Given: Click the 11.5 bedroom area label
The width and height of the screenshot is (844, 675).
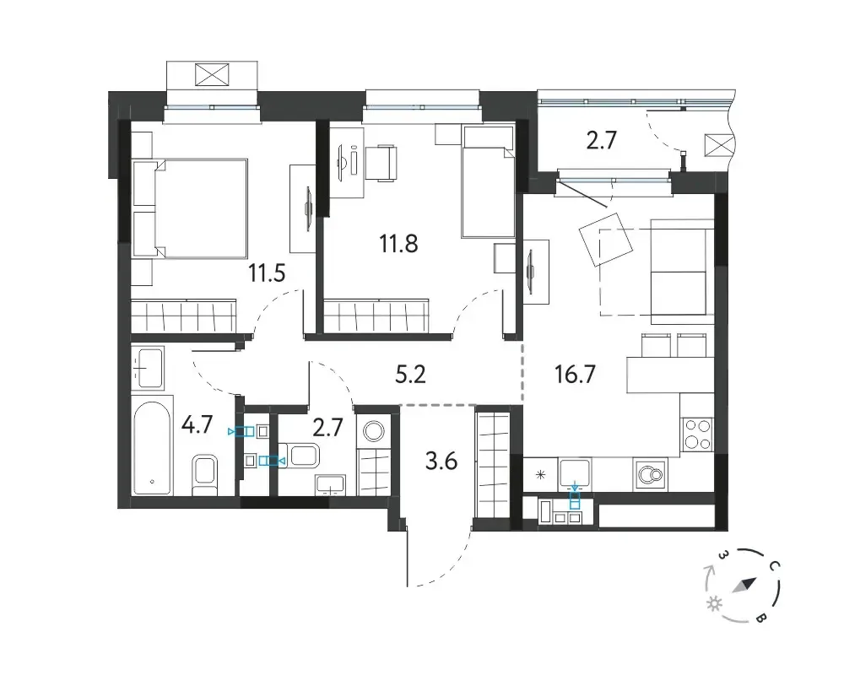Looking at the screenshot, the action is pyautogui.click(x=267, y=273).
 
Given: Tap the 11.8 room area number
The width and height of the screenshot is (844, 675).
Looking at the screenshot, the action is pyautogui.click(x=398, y=244).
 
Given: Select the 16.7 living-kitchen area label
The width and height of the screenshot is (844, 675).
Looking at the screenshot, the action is pyautogui.click(x=575, y=374).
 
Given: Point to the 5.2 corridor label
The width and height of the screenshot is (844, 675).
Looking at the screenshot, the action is pyautogui.click(x=410, y=375).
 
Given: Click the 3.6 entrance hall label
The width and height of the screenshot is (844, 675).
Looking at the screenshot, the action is pyautogui.click(x=441, y=462).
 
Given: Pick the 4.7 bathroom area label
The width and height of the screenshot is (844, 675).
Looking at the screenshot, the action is pyautogui.click(x=197, y=424).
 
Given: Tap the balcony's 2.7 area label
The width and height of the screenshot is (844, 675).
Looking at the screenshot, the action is pyautogui.click(x=601, y=141).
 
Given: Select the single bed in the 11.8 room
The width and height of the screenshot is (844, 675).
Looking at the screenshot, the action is pyautogui.click(x=488, y=182).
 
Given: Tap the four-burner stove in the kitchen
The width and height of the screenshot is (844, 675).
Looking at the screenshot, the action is pyautogui.click(x=697, y=435).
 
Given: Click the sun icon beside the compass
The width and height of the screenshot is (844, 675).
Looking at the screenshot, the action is pyautogui.click(x=714, y=604).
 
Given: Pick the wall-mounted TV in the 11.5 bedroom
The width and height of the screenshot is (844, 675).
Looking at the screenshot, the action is pyautogui.click(x=309, y=209).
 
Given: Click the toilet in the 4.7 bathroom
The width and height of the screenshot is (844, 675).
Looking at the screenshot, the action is pyautogui.click(x=204, y=475).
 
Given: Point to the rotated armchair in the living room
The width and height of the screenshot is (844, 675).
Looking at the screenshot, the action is pyautogui.click(x=606, y=239).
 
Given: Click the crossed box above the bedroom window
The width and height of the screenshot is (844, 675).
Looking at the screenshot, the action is pyautogui.click(x=212, y=73).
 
